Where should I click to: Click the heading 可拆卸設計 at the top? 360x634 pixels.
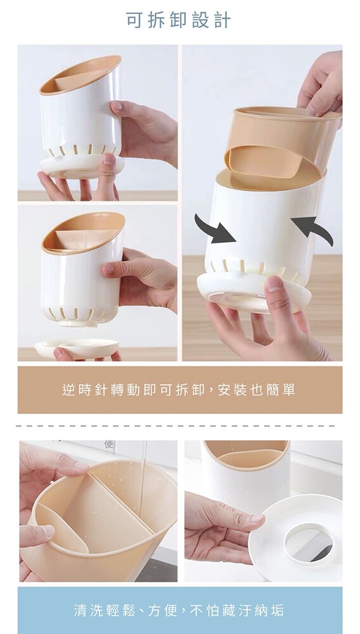(x=178, y=20)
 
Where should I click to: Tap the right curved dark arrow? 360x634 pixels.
(x=313, y=228)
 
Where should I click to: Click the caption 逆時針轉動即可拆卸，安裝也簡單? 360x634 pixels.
(x=179, y=390)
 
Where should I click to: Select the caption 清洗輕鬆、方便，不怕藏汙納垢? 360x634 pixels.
(x=179, y=610)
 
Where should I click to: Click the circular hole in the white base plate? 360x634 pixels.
(x=309, y=542)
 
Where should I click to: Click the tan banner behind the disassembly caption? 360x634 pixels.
(x=180, y=390)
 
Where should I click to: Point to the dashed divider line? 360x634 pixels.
(x=176, y=426)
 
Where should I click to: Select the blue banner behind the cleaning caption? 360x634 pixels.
(x=180, y=610)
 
